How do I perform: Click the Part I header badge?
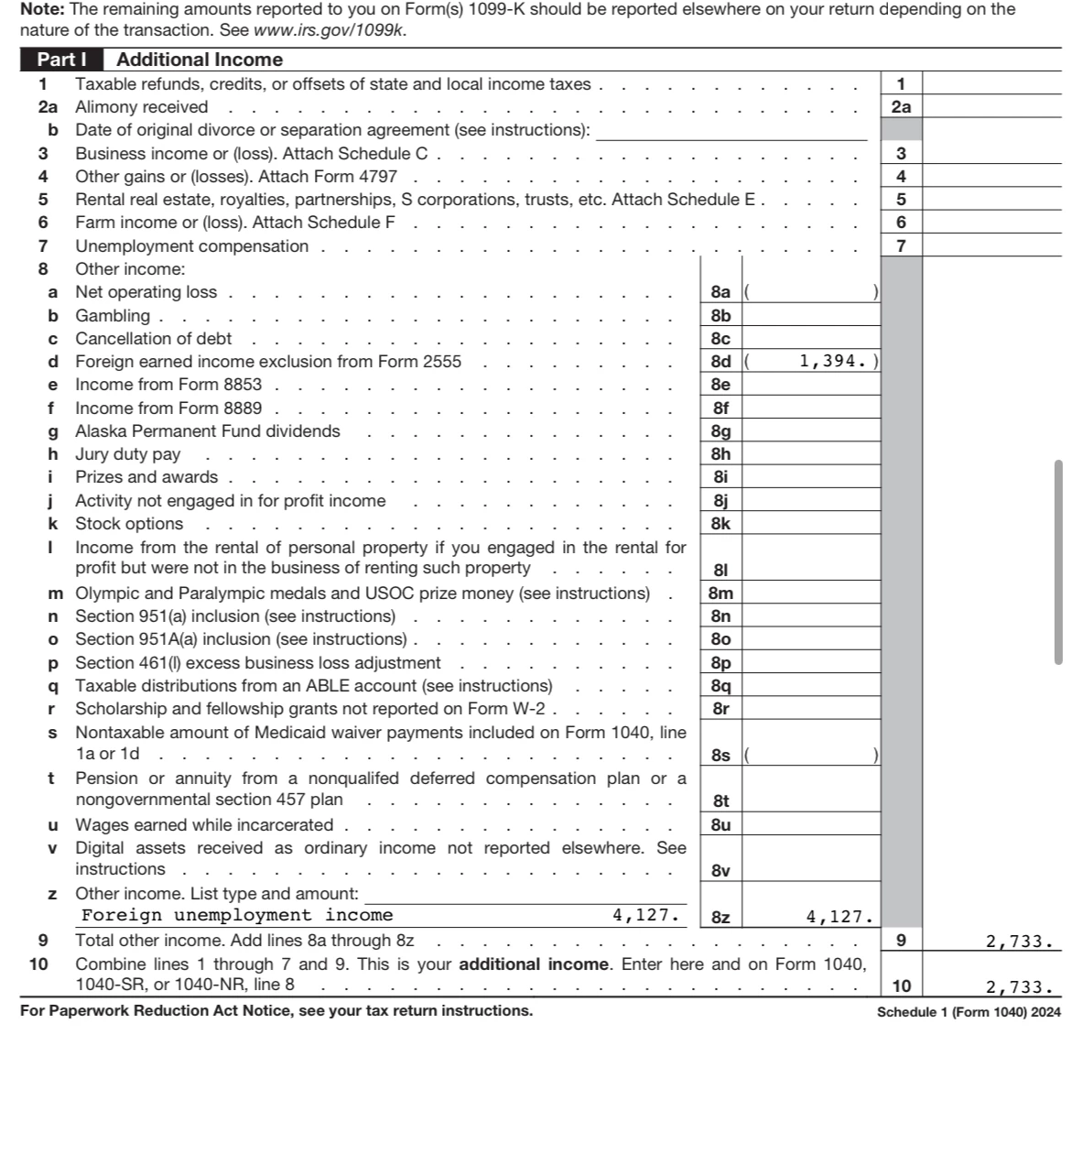(61, 60)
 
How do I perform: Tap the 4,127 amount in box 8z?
(838, 917)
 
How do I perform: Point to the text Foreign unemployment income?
(237, 915)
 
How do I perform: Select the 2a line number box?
(902, 107)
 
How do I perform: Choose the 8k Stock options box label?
(720, 524)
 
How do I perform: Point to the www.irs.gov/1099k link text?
(330, 29)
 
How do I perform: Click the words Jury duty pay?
(127, 454)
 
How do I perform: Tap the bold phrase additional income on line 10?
(533, 963)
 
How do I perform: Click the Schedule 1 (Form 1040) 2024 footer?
(968, 1012)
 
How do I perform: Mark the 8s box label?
(720, 756)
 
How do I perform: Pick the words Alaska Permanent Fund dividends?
(207, 431)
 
